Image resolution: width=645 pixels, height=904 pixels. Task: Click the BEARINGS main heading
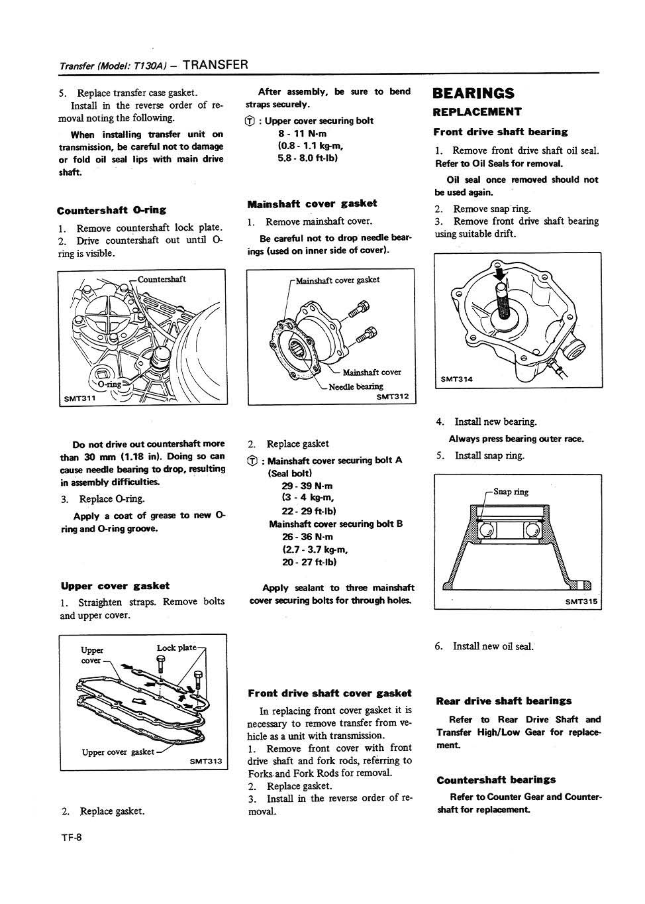point(473,93)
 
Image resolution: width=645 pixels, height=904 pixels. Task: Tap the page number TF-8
point(71,837)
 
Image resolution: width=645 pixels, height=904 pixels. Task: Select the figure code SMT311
point(78,398)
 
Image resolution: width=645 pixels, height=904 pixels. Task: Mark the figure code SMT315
point(581,601)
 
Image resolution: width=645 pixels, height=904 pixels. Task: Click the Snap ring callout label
point(511,492)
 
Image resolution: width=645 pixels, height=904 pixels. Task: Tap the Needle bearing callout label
point(356,386)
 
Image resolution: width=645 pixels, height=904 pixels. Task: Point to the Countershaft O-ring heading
point(111,211)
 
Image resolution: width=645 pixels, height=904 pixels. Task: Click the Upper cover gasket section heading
point(115,586)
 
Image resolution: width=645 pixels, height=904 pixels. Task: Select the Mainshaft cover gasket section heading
point(312,203)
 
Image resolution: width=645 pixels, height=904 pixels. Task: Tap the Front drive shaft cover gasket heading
point(329,693)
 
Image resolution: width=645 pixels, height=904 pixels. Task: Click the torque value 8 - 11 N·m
point(302,133)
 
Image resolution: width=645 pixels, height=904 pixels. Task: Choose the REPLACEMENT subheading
point(477,112)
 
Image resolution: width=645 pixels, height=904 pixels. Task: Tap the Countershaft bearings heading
point(496,780)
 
